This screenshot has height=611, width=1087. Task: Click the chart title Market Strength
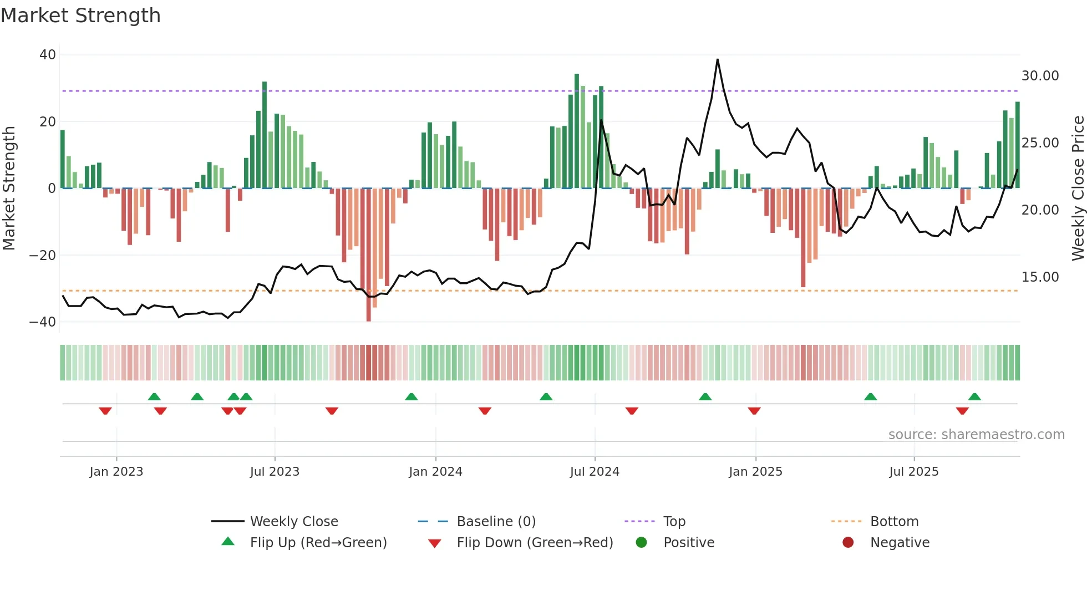pyautogui.click(x=81, y=16)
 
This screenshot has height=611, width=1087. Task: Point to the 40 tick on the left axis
pyautogui.click(x=48, y=55)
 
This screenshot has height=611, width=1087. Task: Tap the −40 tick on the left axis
pyautogui.click(x=43, y=322)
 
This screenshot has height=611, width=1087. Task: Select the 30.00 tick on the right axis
pyautogui.click(x=1040, y=76)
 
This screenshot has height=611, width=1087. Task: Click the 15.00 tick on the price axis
pyautogui.click(x=1040, y=277)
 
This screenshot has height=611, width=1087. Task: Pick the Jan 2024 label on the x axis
pyautogui.click(x=435, y=472)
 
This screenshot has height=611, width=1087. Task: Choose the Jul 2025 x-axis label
pyautogui.click(x=913, y=472)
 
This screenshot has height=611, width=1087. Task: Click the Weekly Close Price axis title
pyautogui.click(x=1078, y=189)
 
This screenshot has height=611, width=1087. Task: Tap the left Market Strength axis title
pyautogui.click(x=9, y=189)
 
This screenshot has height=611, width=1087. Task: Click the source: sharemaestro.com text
pyautogui.click(x=976, y=435)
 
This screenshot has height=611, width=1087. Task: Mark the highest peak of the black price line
pyautogui.click(x=717, y=59)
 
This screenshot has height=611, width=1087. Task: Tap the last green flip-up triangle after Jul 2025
pyautogui.click(x=974, y=396)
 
